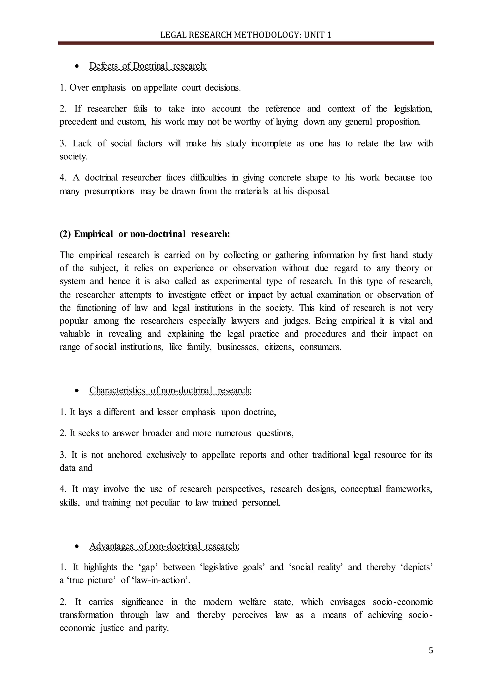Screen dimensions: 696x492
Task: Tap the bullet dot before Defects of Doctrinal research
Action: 77,66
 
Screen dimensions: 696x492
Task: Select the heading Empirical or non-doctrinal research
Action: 145,234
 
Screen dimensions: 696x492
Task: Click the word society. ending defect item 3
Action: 73,157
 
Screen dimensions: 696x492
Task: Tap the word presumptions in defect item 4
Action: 109,192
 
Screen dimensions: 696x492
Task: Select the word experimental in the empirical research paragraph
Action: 238,281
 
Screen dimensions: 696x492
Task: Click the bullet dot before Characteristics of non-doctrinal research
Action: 77,391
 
